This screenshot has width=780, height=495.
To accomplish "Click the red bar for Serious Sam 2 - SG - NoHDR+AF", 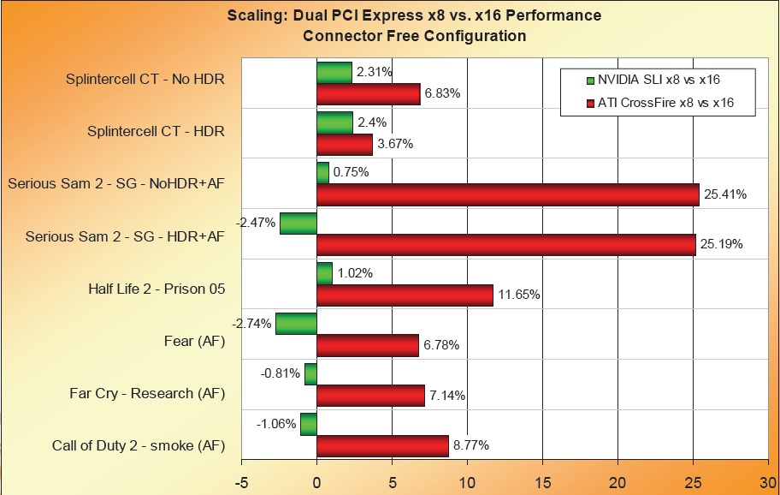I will pos(508,195).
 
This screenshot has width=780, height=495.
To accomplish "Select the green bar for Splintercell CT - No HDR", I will pos(334,73).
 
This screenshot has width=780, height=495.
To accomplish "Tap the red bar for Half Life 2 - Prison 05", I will pos(405,295).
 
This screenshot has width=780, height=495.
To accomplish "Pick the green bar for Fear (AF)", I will pos(296,324).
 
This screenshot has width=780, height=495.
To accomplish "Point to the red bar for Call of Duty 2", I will pos(382,446).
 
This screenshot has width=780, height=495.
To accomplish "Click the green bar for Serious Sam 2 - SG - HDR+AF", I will pos(298,224).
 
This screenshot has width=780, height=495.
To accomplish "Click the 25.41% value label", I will pos(725,195).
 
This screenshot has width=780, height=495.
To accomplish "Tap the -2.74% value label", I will pos(251,324).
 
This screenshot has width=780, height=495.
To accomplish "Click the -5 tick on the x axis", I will pos(241,481).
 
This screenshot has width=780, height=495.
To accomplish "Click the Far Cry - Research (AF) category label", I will pos(147,394).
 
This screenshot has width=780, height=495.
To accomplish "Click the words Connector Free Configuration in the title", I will pos(414,36).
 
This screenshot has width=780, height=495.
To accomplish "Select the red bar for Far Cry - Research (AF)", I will pos(370,396).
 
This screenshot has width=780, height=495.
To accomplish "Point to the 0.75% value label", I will pos(351,172).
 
